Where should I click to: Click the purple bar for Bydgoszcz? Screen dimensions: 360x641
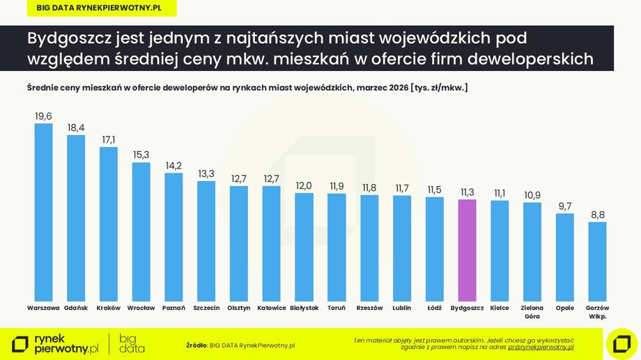point(468,251)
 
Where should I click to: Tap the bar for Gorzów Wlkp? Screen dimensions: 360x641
point(597,262)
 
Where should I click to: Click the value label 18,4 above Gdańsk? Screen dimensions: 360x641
point(76,127)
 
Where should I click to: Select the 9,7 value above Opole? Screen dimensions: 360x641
point(565,206)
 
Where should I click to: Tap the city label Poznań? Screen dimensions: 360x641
point(173,308)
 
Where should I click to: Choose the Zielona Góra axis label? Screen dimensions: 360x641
point(532,311)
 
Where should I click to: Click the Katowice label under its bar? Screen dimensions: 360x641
point(272,308)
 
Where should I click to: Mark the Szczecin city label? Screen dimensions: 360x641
point(206,308)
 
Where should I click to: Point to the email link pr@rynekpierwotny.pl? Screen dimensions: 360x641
point(541,347)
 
